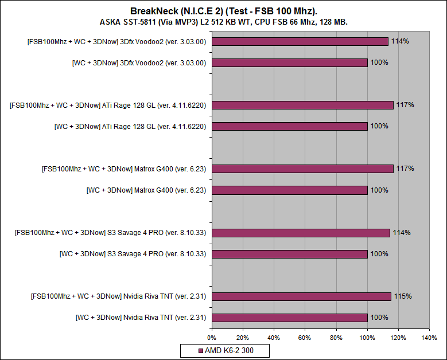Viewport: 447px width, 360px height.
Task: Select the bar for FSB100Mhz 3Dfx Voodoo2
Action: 300,41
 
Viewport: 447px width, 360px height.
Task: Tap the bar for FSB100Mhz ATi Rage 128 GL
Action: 302,105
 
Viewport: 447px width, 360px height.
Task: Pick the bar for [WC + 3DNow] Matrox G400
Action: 289,190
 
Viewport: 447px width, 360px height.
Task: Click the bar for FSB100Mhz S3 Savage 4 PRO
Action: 300,233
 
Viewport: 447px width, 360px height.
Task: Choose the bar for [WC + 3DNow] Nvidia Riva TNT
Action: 289,317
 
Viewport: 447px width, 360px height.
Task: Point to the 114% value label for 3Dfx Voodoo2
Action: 400,41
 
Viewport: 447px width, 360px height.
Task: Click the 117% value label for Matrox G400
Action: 405,169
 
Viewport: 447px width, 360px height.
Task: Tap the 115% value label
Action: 402,296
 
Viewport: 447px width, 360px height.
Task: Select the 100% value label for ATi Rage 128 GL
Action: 379,126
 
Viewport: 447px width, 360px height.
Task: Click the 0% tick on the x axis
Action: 212,338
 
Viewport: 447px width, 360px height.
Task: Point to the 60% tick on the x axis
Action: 305,338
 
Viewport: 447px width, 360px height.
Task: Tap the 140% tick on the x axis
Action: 428,338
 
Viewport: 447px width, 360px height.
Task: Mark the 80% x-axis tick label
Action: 336,338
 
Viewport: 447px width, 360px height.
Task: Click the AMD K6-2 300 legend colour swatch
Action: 200,350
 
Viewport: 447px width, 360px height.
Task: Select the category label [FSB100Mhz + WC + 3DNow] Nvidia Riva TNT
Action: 118,296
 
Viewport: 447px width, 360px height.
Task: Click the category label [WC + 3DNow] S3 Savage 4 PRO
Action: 133,253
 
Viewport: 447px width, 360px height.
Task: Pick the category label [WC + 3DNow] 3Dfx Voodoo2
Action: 139,62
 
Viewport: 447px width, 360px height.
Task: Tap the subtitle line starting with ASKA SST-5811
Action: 223,22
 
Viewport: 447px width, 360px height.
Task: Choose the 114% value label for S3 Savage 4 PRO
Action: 401,233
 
